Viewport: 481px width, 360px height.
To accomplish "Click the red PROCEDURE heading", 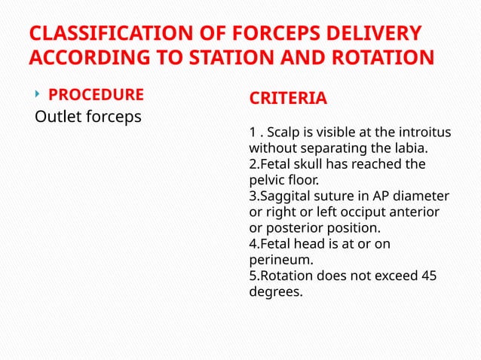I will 96,95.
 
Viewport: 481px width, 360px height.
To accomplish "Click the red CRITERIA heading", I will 288,99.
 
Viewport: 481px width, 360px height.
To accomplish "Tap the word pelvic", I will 266,180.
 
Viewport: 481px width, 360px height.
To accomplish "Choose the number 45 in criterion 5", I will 428,276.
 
